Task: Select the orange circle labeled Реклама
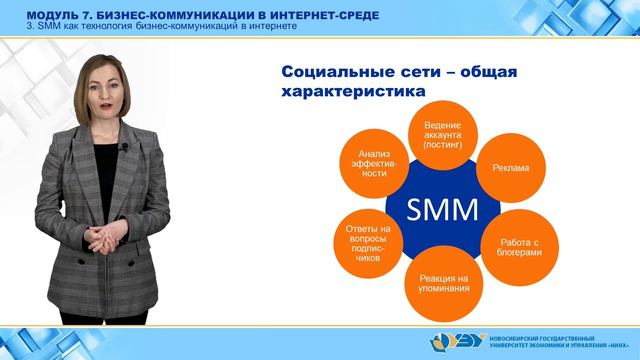coord(511,168)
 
